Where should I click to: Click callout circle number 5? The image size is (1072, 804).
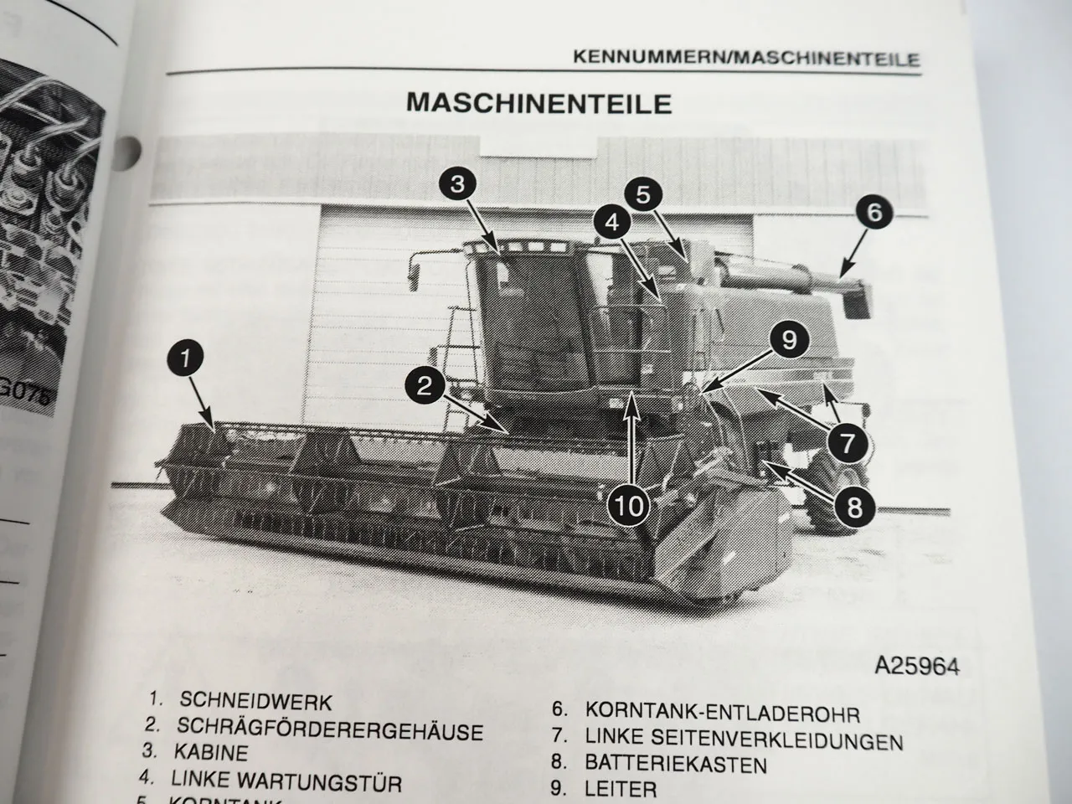coord(642,195)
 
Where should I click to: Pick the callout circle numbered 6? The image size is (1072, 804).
coord(874,212)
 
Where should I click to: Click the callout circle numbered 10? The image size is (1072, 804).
coord(631,504)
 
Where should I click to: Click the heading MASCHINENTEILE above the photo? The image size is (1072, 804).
coord(539,103)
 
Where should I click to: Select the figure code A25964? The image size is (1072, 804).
coord(915,667)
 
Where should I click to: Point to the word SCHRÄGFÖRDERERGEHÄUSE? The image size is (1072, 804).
coord(330,729)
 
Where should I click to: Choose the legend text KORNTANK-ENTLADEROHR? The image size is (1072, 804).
coord(722,714)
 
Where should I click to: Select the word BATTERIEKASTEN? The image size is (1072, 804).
coord(676,764)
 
